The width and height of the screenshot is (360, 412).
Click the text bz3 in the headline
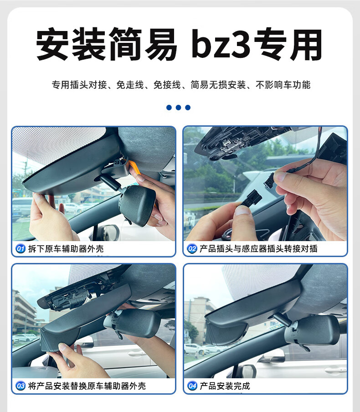pyautogui.click(x=221, y=44)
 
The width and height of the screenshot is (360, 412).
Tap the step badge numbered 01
pyautogui.click(x=21, y=248)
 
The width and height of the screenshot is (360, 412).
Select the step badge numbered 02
pyautogui.click(x=192, y=248)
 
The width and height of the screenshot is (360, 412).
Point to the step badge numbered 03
pyautogui.click(x=21, y=386)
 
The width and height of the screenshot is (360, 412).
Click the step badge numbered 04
pyautogui.click(x=192, y=386)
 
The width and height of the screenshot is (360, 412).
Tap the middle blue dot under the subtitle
pyautogui.click(x=179, y=108)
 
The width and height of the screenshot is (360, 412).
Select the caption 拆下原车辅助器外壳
pyautogui.click(x=66, y=248)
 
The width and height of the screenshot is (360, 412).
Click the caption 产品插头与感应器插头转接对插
pyautogui.click(x=258, y=248)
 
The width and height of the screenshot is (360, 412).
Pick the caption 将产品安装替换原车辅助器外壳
pyautogui.click(x=87, y=386)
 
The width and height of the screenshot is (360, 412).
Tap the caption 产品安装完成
pyautogui.click(x=225, y=386)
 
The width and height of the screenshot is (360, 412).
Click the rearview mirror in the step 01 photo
pyautogui.click(x=137, y=205)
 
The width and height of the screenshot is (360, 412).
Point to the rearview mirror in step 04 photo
pyautogui.click(x=311, y=330)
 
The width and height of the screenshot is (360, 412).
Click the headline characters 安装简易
pyautogui.click(x=107, y=44)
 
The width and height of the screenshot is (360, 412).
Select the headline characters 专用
pyautogui.click(x=288, y=44)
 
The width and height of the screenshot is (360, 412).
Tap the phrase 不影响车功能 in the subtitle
pyautogui.click(x=283, y=85)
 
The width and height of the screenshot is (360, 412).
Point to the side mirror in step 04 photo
pyautogui.click(x=248, y=371)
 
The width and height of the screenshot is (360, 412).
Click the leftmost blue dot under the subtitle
pyautogui.click(x=169, y=108)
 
